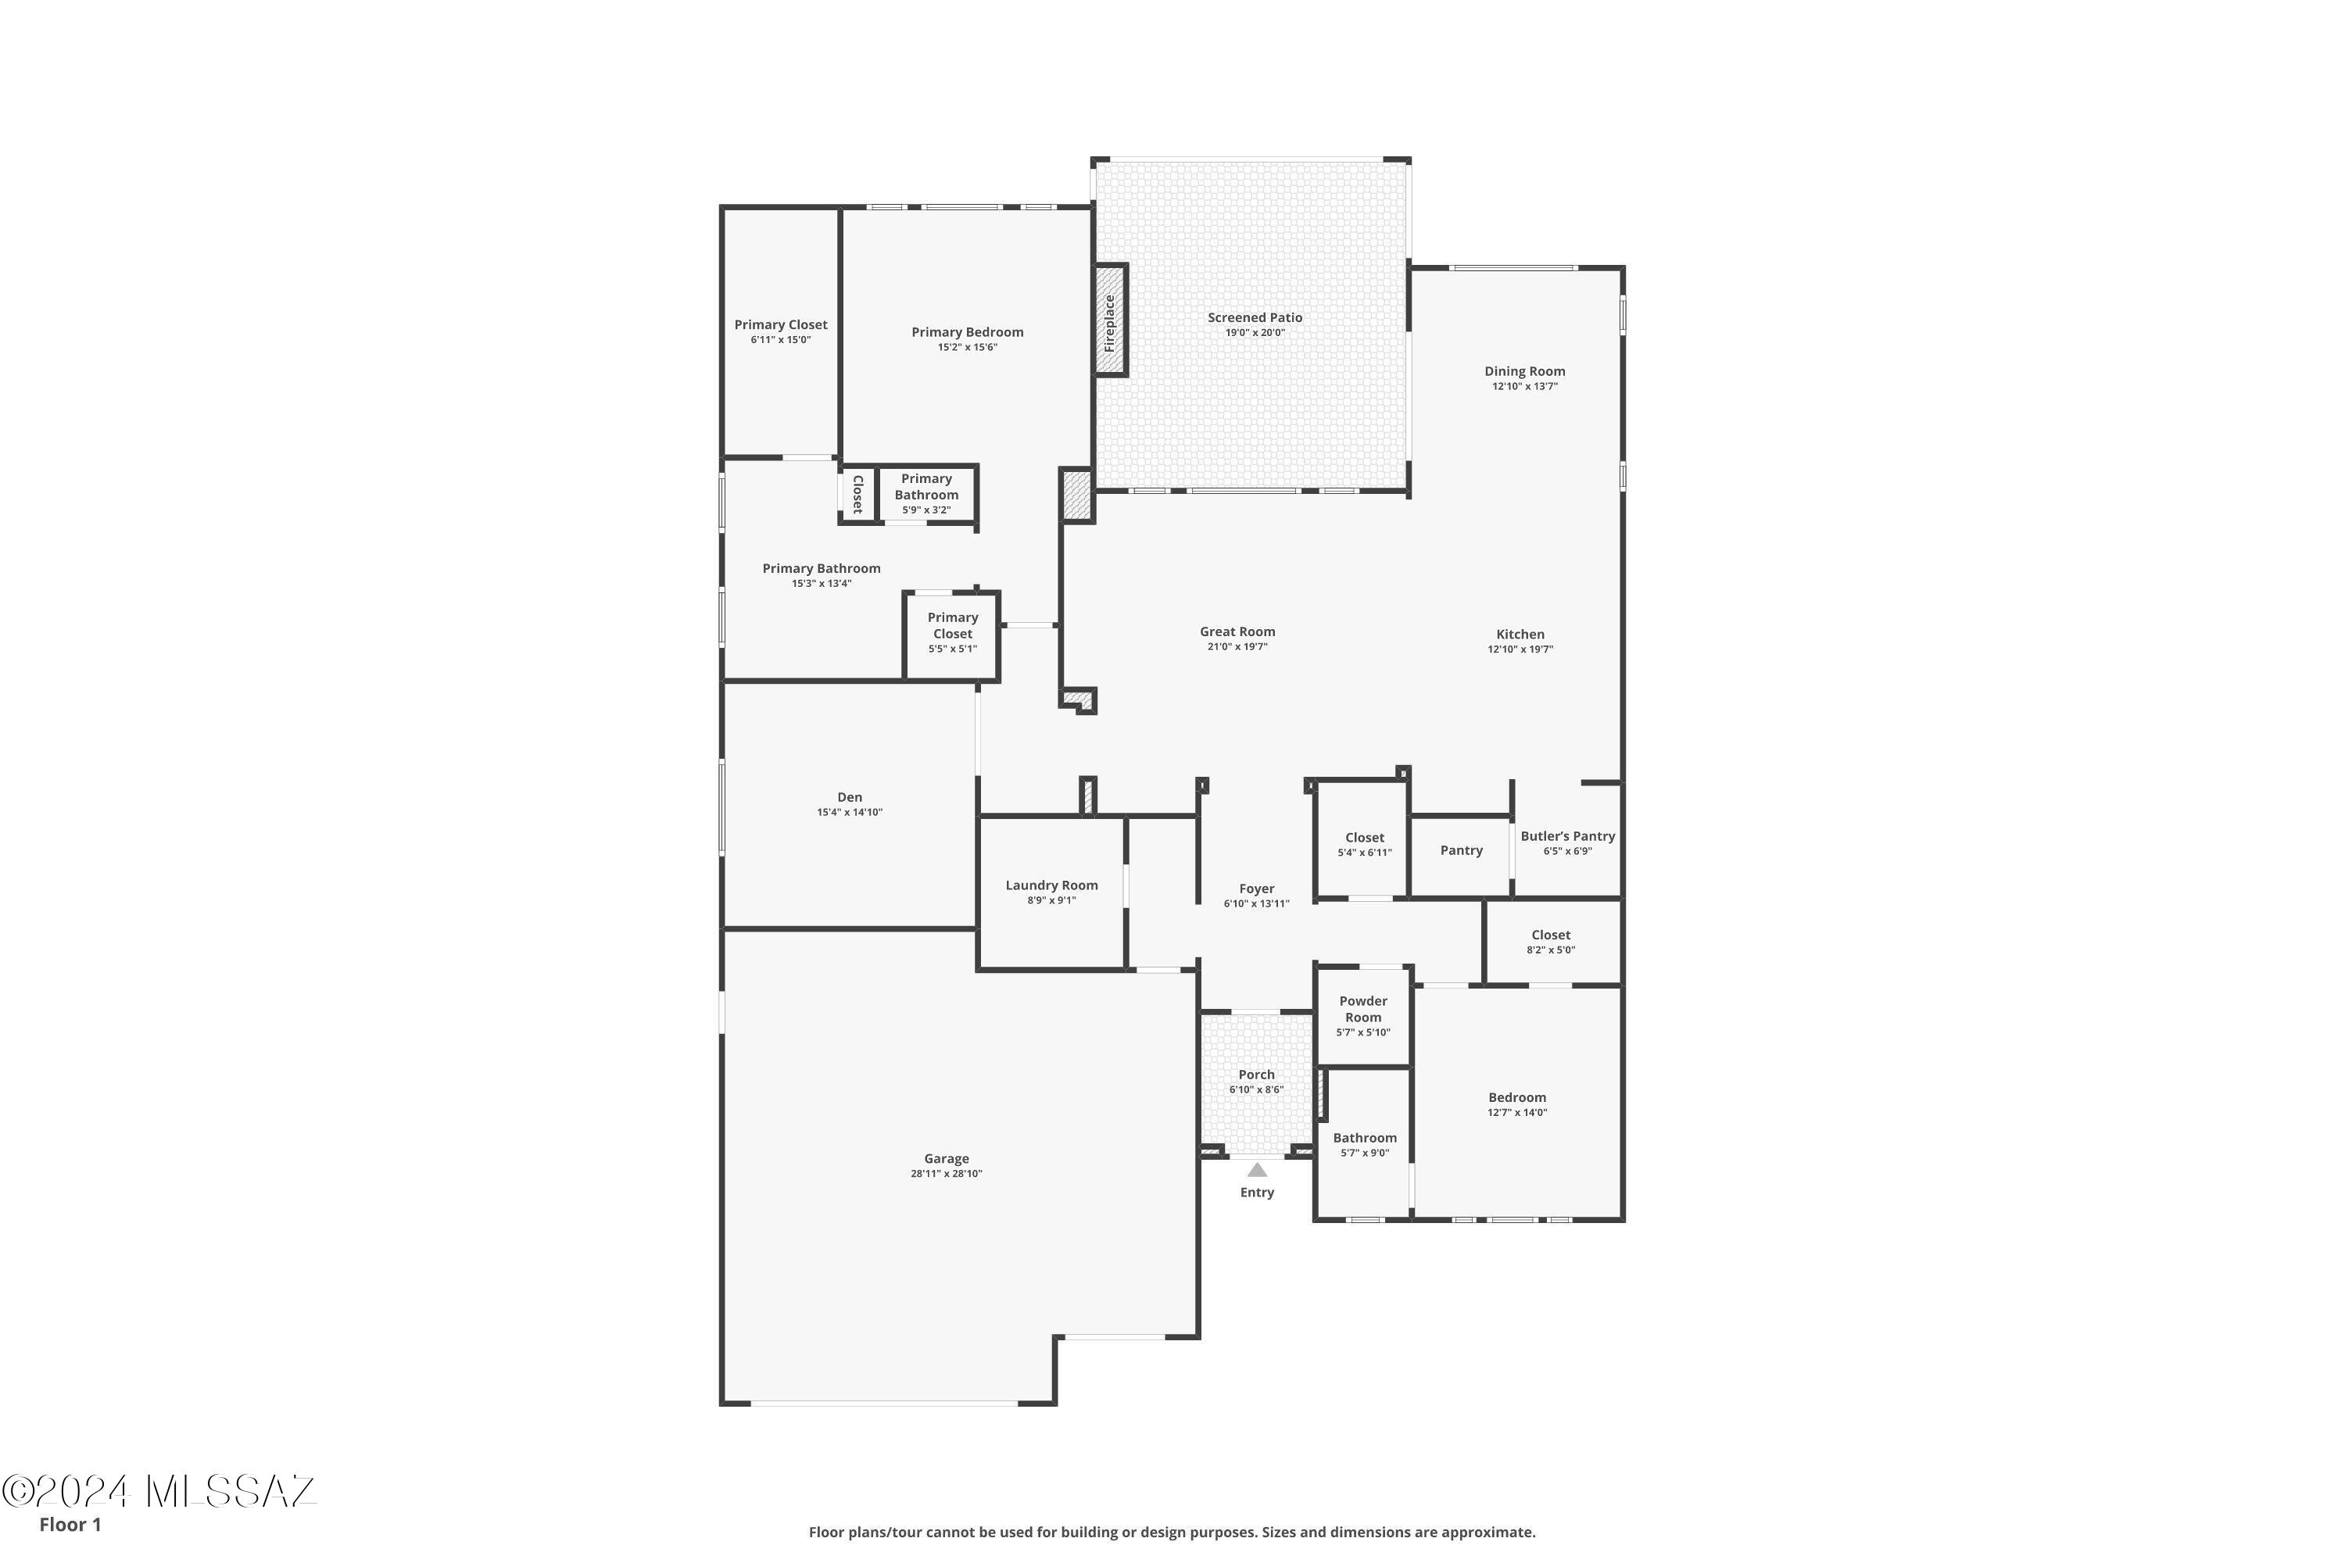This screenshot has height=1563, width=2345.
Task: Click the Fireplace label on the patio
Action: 1108,323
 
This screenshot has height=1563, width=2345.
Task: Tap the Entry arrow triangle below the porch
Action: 1257,1170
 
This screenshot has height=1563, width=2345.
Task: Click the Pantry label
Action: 1461,850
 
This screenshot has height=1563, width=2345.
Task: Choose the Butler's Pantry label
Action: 1567,836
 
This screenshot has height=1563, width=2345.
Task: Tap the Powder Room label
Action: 1363,1009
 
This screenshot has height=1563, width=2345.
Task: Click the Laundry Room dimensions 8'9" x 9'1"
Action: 1052,900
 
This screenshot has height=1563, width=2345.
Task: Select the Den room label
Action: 850,797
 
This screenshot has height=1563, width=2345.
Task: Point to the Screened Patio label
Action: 1255,318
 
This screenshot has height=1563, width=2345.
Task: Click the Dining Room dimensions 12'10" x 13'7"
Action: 1524,387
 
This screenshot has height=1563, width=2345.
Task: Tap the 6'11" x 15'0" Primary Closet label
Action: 781,325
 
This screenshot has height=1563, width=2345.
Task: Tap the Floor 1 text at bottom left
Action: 70,1524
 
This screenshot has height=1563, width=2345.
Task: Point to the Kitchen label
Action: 1520,635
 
